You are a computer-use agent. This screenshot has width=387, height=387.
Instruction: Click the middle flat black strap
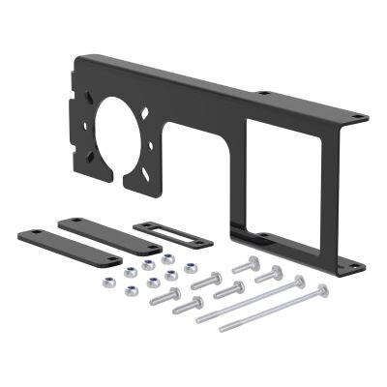pyautogui.click(x=108, y=236)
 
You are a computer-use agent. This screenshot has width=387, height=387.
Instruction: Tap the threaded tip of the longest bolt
pyautogui.click(x=223, y=330)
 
